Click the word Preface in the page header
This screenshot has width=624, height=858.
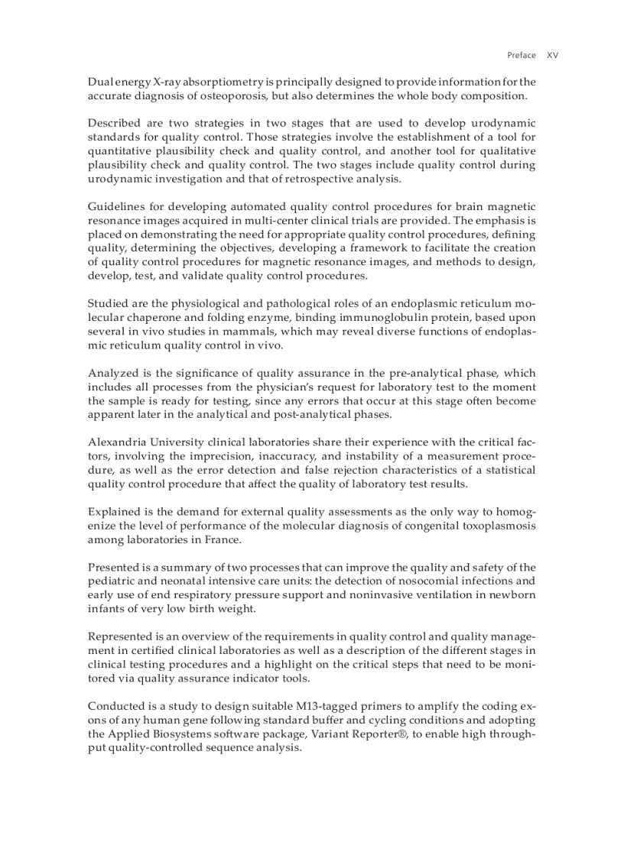(x=522, y=55)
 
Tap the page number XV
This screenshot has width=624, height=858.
(x=552, y=55)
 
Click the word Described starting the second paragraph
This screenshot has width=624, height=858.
(x=115, y=123)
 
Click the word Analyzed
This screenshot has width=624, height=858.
(x=113, y=374)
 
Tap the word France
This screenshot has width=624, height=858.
(x=223, y=539)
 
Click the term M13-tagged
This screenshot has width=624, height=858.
(x=341, y=706)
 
